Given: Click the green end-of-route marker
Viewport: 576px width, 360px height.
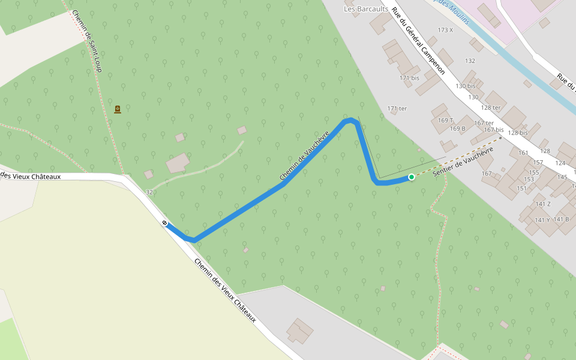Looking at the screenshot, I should (412, 177).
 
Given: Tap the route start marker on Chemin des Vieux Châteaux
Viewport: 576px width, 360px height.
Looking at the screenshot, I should (164, 223).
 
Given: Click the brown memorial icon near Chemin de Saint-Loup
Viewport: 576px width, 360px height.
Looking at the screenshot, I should (118, 109).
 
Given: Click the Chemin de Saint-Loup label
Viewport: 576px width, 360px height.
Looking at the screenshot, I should (87, 41).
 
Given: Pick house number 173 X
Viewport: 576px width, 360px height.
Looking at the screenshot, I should (445, 30).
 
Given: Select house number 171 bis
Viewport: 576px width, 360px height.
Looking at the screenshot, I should (409, 78).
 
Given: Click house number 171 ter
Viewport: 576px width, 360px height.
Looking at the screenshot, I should (397, 109).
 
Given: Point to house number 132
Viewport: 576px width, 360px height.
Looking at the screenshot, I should (470, 61).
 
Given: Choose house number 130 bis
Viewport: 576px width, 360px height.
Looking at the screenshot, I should (465, 86).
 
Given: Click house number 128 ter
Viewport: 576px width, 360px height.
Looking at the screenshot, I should (490, 107).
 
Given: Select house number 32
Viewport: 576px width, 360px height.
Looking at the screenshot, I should (149, 192).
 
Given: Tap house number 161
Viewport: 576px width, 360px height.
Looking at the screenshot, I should (523, 153).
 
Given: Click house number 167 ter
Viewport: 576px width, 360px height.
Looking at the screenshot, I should (484, 123).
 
